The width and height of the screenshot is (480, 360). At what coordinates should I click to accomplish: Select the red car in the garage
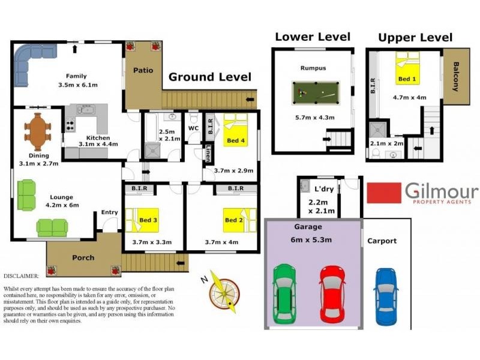[x=332, y=293]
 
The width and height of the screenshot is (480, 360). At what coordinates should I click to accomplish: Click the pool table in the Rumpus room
[x=315, y=94]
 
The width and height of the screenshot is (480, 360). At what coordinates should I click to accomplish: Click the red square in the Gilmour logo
[x=384, y=194]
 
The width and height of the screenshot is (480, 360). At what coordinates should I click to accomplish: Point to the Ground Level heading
[x=209, y=77]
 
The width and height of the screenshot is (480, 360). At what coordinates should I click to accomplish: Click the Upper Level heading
[x=415, y=38]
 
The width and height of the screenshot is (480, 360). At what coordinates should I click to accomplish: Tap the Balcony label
[x=456, y=76]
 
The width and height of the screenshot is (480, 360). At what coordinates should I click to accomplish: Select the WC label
[x=193, y=128]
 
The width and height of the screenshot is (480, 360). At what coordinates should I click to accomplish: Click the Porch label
[x=83, y=257]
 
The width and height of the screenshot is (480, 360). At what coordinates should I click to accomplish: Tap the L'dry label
[x=323, y=189]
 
